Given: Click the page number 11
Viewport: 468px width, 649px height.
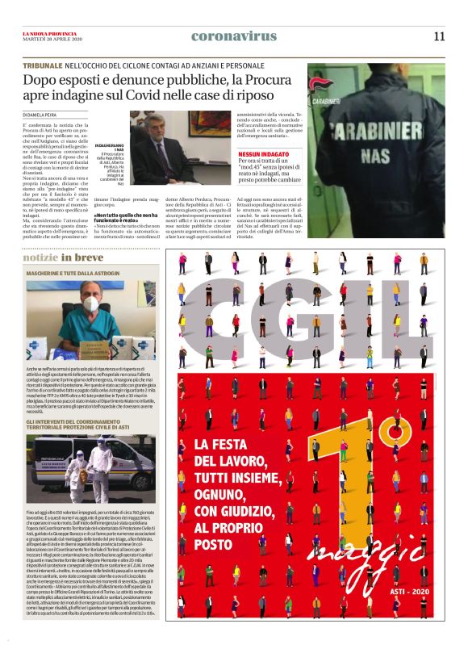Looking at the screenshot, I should [438, 36].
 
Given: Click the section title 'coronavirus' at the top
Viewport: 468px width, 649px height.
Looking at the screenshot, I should [233, 36].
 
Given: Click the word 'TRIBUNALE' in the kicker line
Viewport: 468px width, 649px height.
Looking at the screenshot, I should [45, 65].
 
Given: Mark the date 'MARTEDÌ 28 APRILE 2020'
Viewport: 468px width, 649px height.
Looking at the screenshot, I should [48, 39].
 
